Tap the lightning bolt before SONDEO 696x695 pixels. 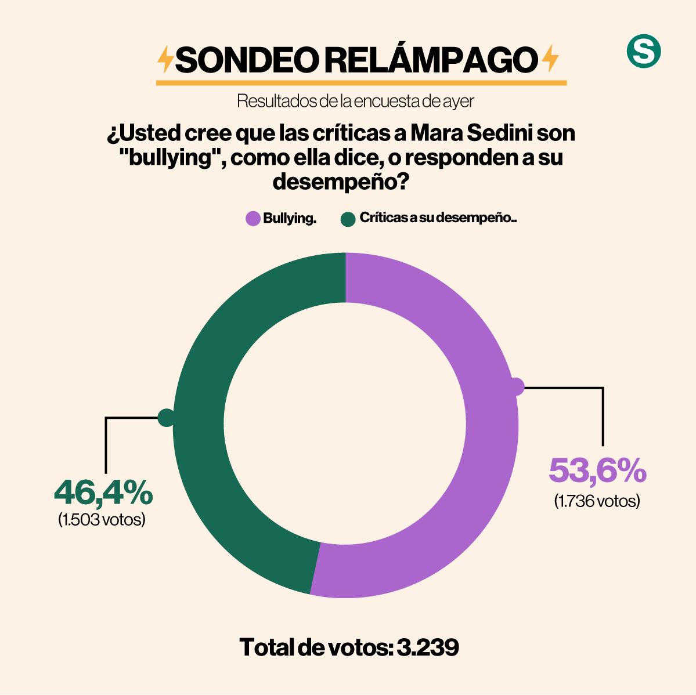pos(166,59)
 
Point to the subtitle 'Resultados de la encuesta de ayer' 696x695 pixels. pos(355,101)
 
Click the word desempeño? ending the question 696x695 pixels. pos(340,182)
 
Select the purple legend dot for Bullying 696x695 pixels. pos(253,219)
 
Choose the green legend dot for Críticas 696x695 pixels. pos(348,219)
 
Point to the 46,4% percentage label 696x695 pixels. pos(103,493)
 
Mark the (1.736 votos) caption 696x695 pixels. pos(597,501)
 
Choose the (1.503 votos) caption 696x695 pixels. pos(102,519)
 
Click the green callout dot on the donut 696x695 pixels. pos(166,418)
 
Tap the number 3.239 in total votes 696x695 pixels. pos(428,647)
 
